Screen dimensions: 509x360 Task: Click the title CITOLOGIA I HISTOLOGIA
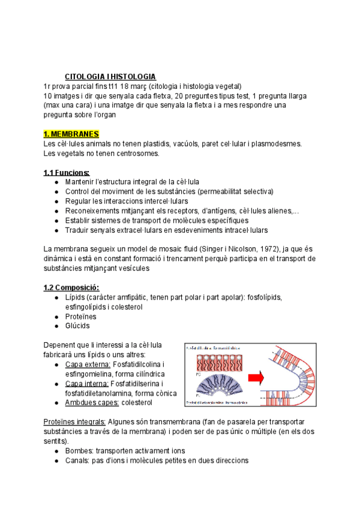point(110,77)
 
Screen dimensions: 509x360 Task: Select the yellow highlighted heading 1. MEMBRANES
point(71,133)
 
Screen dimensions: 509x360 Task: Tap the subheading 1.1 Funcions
point(67,172)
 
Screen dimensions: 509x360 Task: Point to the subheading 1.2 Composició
point(72,287)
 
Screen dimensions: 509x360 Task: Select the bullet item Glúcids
point(77,326)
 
